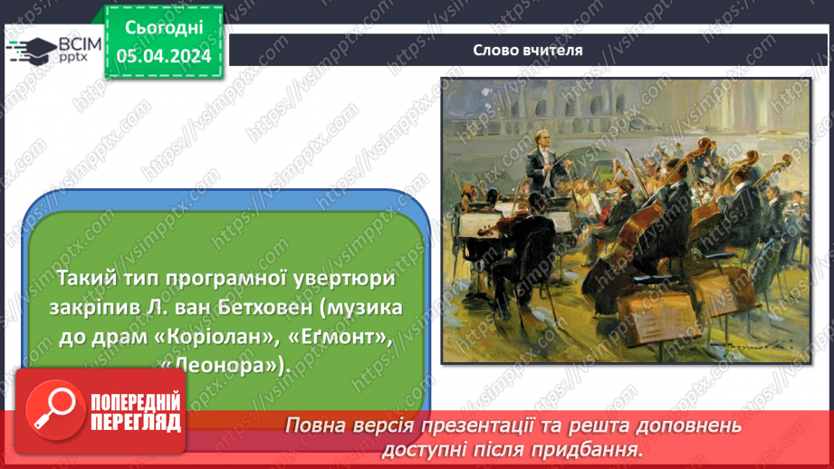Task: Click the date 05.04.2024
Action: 164,56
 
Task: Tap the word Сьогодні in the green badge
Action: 164,28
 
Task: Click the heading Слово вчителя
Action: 528,50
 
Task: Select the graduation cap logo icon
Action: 32,51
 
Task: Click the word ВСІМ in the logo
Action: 80,44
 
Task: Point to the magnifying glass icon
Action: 55,410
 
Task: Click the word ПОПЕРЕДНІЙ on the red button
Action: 136,402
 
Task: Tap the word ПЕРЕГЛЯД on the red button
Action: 136,423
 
